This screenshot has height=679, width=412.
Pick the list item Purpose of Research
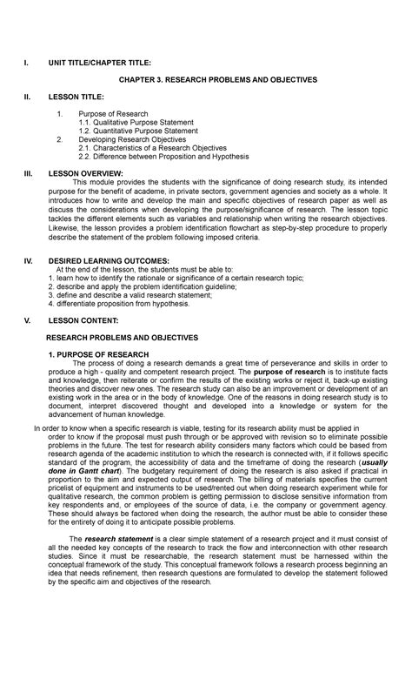(x=113, y=114)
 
